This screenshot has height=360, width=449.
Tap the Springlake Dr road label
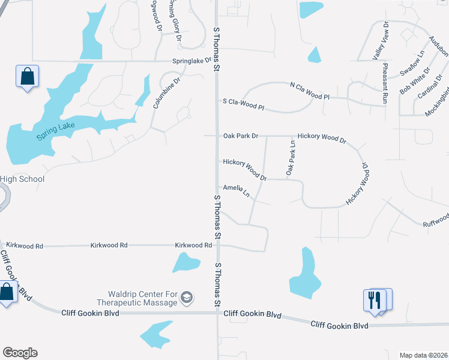[192, 61]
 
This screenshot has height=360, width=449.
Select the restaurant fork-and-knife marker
[375, 299]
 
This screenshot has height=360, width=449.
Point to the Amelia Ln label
[237, 190]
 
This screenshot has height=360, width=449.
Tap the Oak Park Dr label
[240, 136]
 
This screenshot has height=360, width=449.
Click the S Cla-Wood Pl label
[243, 104]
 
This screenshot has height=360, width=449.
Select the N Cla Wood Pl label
[310, 91]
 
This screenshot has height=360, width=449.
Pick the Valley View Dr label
[381, 40]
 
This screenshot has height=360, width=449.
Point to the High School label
[22, 179]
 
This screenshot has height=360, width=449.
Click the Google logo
[20, 353]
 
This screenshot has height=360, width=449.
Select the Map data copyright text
[423, 355]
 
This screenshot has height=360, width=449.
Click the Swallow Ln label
[412, 62]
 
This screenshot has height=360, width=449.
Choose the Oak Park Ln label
[292, 158]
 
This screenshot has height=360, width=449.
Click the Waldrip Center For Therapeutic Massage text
[142, 298]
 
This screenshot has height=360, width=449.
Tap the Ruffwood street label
[435, 220]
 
